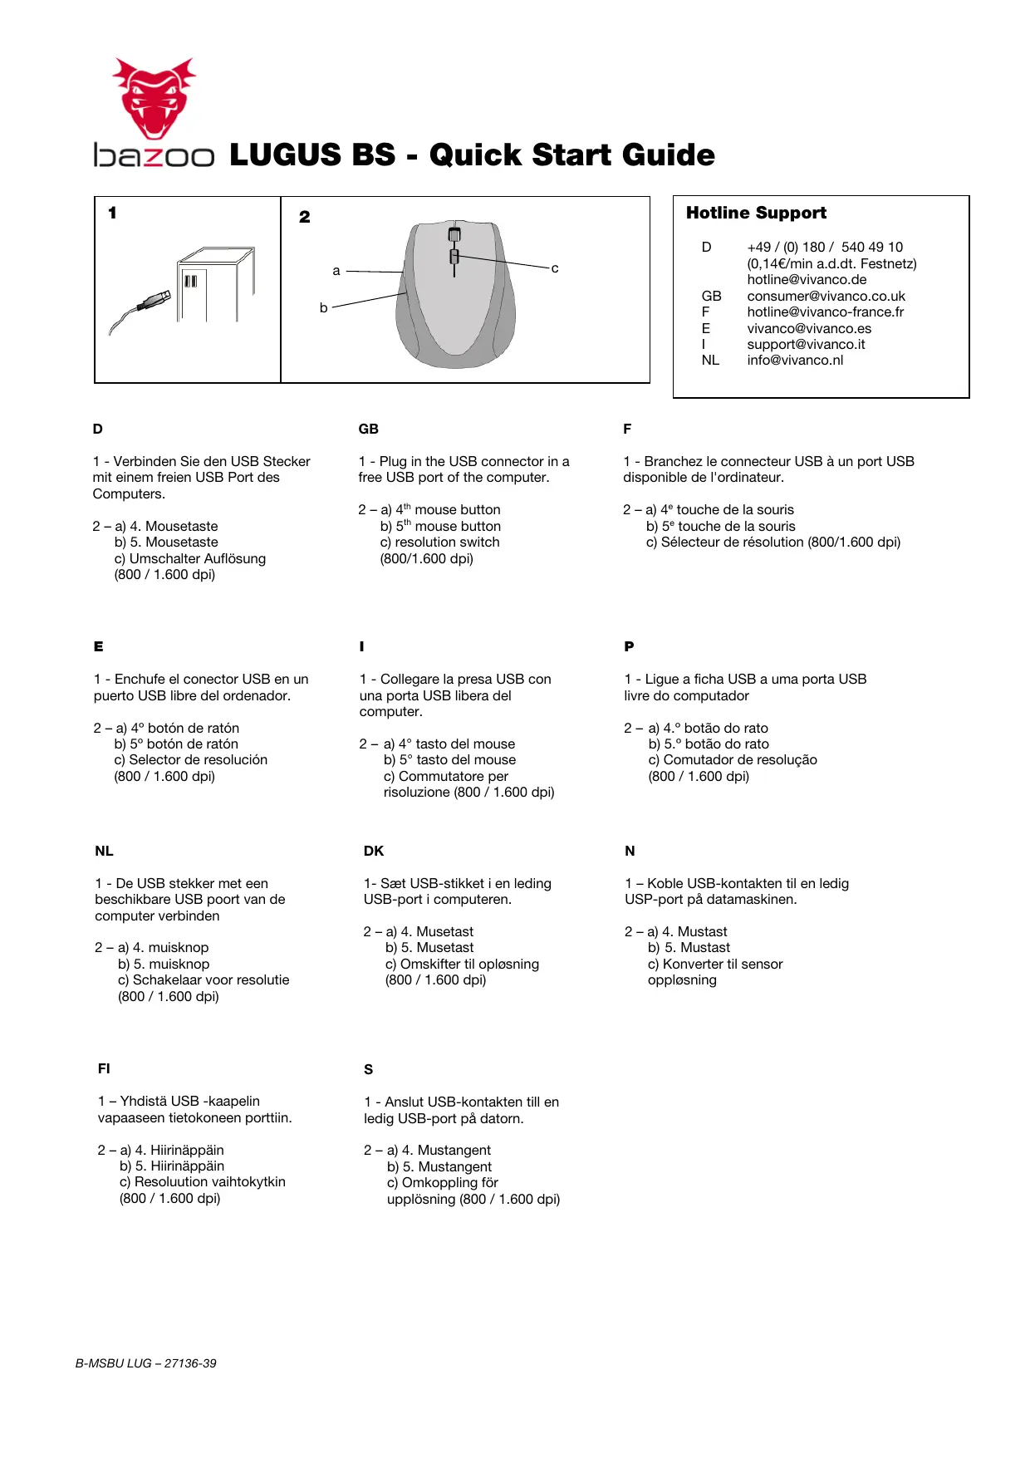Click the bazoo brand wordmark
(x=154, y=155)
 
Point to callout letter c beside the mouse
(x=555, y=268)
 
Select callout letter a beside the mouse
(x=336, y=271)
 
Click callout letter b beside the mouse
(x=323, y=307)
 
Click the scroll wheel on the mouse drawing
(x=454, y=235)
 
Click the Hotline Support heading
(x=756, y=213)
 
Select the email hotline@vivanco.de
(x=807, y=279)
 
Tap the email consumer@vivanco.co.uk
(x=826, y=296)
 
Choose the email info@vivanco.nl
(x=795, y=360)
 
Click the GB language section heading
(x=368, y=429)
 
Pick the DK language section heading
(x=374, y=851)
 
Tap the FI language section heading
(x=104, y=1068)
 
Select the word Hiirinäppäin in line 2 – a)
(x=187, y=1150)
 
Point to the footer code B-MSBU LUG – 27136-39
(x=146, y=1363)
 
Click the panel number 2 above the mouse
(x=305, y=217)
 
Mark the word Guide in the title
(x=668, y=155)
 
